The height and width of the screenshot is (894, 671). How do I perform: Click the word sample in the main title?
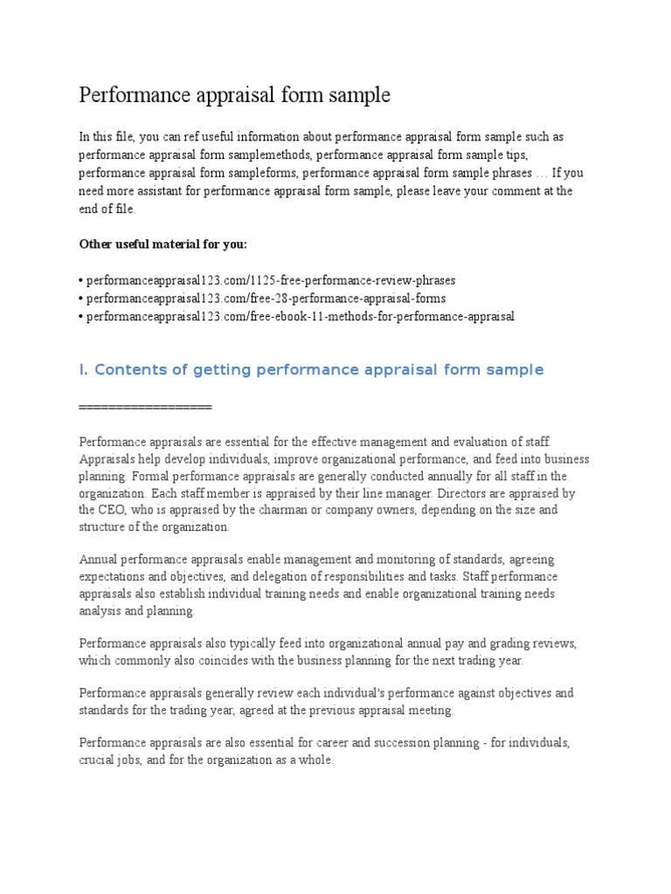[x=358, y=96]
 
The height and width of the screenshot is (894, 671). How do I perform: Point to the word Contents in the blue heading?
[x=127, y=370]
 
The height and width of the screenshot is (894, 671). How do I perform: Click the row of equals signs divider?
[x=145, y=407]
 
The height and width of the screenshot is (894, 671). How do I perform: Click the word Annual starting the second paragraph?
[x=98, y=559]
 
